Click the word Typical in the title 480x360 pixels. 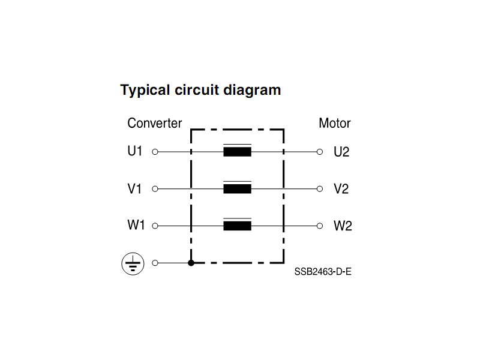pos(145,91)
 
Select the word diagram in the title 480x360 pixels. pos(252,91)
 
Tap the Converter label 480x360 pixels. pos(155,123)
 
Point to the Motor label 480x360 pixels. pos(335,123)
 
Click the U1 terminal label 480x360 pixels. pos(134,151)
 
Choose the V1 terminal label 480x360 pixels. pos(134,188)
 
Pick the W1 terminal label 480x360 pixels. pos(136,225)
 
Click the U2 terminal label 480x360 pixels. pos(341,152)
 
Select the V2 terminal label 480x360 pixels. pos(341,189)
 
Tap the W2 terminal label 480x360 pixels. pos(343,226)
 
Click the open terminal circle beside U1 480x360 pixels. pos(155,152)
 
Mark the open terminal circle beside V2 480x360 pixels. pos(320,189)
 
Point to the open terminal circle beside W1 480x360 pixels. pos(155,226)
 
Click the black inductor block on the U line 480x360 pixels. pos(237,152)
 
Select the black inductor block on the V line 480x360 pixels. pos(237,189)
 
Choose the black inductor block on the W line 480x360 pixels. pos(237,226)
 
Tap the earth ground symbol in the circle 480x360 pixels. pos(133,263)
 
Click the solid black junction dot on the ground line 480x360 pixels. pos(191,263)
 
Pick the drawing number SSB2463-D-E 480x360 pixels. pos(323,272)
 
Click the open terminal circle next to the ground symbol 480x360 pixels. pos(155,263)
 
